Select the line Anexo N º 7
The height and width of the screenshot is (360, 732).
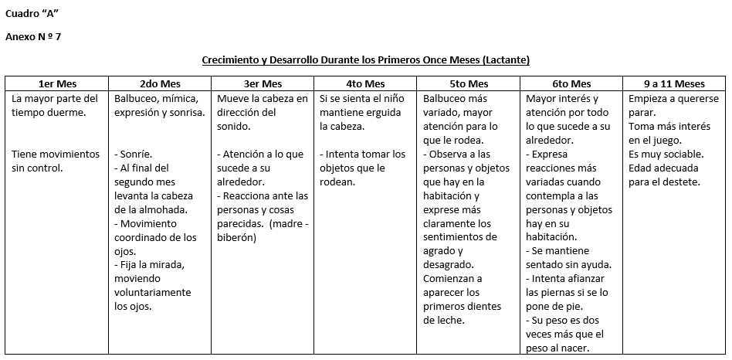(32, 36)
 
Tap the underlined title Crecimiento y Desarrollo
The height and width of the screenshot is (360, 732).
(365, 59)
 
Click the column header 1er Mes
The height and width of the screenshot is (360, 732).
(56, 83)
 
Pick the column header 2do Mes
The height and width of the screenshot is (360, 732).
(159, 83)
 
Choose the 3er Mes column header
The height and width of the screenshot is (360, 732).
(262, 83)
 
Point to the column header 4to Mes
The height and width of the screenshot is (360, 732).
(364, 83)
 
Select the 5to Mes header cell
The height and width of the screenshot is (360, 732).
(468, 83)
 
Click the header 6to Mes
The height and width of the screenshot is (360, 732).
(571, 83)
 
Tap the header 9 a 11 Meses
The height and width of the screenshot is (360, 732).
(674, 83)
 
